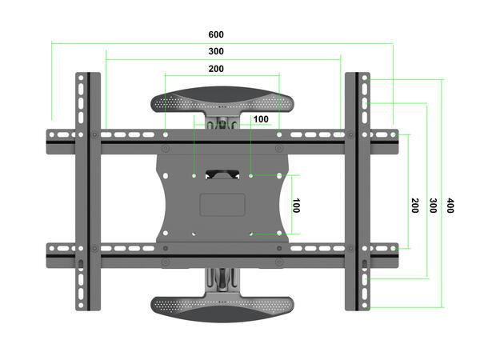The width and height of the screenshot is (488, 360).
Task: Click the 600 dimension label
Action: click(x=215, y=35)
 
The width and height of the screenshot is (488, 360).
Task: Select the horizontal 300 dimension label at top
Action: click(x=215, y=51)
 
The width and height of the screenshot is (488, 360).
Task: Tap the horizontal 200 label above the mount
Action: click(x=215, y=69)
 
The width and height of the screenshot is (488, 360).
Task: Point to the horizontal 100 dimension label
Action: click(x=261, y=119)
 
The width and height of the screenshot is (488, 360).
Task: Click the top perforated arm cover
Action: click(x=222, y=102)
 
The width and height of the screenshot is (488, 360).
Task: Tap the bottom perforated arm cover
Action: click(x=222, y=307)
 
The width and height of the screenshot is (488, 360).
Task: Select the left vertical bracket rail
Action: click(x=88, y=192)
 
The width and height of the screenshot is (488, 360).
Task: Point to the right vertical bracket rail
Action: click(x=357, y=192)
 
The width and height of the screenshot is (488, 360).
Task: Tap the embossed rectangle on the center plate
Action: click(x=222, y=202)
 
